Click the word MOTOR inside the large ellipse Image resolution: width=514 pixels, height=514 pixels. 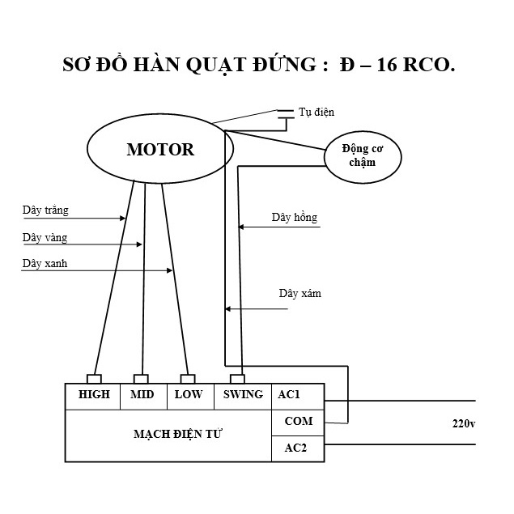[160, 150]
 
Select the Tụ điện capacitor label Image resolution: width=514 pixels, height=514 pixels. [316, 113]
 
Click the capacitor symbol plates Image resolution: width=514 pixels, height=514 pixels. [286, 114]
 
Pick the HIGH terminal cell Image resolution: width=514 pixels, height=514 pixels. [93, 397]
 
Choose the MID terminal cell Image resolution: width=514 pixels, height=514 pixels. [143, 397]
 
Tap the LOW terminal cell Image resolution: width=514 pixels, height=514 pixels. [190, 397]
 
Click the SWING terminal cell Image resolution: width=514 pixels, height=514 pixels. [243, 397]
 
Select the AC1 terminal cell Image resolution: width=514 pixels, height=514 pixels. [298, 397]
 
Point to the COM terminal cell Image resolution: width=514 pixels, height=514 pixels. [298, 423]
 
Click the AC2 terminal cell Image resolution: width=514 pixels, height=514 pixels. [298, 448]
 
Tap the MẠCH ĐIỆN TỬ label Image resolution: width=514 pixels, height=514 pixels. [177, 435]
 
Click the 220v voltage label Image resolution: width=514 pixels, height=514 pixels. [464, 423]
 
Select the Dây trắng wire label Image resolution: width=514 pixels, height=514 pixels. [45, 210]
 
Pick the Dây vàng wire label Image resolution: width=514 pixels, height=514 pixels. [45, 237]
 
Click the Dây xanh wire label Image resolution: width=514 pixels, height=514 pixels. [45, 263]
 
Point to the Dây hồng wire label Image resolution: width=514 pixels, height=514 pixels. [295, 217]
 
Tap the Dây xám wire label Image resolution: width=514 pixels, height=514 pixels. [300, 293]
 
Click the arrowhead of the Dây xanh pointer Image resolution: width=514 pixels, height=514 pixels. [170, 270]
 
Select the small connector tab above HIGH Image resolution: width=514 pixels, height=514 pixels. [94, 379]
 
